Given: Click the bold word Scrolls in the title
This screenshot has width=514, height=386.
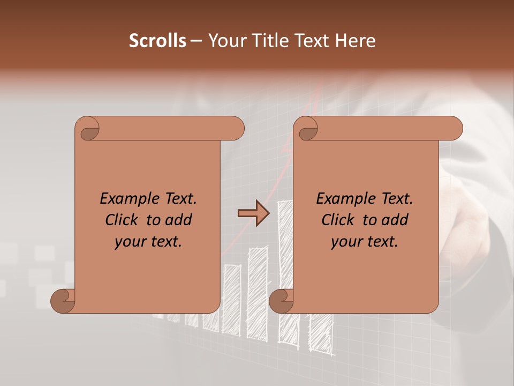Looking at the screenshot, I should coord(158,41).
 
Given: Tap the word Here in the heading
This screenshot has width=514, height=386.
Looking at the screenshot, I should coord(356,41).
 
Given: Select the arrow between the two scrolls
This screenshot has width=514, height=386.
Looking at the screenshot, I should coord(253,213).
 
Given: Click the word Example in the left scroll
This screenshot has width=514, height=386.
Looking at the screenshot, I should coord(125,198).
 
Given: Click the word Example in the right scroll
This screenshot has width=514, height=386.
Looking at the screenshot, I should coord(342,198).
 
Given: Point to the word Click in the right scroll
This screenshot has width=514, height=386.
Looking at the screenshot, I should coord(339,220).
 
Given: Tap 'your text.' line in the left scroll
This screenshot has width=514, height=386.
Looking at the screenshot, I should coord(148,242).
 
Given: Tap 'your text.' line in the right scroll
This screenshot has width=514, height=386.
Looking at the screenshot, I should coord(365,242).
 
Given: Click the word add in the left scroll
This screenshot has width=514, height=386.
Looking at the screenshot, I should coord(179,220).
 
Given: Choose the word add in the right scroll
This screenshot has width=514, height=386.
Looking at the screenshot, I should coord(395,220).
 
